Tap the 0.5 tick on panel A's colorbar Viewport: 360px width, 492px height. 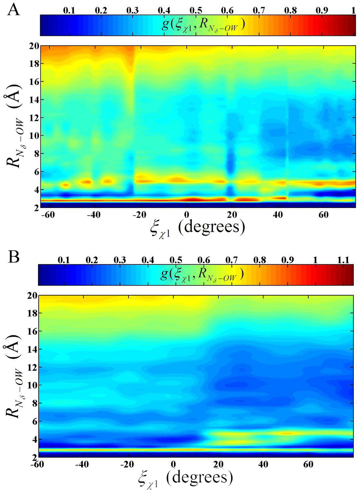point(196,10)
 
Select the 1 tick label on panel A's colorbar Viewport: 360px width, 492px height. point(353,10)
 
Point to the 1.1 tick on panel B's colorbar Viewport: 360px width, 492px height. point(343,260)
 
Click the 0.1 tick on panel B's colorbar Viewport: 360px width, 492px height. point(63,260)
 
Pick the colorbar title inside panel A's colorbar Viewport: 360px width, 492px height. point(203,25)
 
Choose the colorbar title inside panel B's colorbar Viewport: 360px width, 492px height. point(202,274)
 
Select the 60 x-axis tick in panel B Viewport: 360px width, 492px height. point(308,464)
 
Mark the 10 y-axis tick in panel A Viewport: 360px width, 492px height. point(34,136)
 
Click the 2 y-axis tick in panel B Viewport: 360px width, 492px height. point(34,457)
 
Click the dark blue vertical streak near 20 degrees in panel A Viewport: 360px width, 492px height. point(230,162)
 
